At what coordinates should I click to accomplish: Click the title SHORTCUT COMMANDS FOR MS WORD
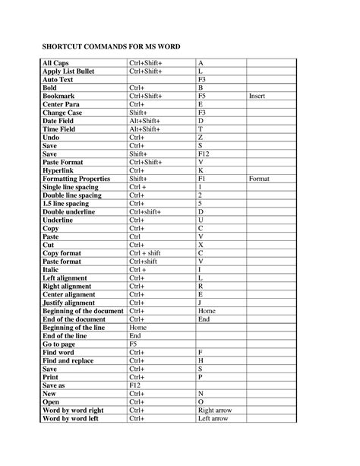(x=110, y=47)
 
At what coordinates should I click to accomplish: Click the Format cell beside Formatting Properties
(x=259, y=179)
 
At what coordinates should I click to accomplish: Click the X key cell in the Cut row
(x=201, y=246)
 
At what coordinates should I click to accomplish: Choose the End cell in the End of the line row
(x=135, y=336)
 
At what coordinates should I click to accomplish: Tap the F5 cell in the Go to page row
(x=134, y=344)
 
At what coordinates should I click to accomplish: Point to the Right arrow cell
(x=215, y=411)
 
